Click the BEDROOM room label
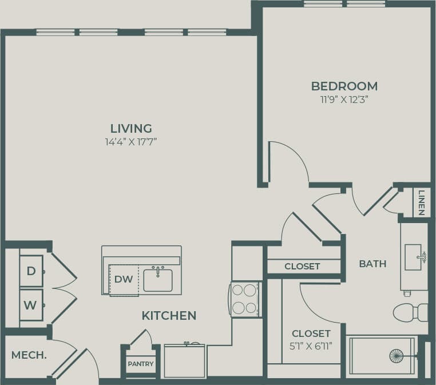coord(344,86)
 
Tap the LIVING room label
coord(131,128)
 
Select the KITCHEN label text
coord(169,315)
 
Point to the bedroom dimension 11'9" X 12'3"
coord(344,99)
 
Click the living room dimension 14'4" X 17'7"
coord(131,141)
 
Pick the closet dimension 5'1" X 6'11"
coord(311,345)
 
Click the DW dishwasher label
coord(124,279)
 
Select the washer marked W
coord(30,305)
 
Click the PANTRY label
coord(140,364)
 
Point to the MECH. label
coord(29,355)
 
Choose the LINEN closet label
coord(421,203)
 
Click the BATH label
coord(372,264)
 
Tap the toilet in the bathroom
coord(410,312)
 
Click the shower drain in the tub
coord(397,356)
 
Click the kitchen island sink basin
coord(158,280)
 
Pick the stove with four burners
coord(244,299)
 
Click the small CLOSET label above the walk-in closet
coord(302,267)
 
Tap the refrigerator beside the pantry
coord(184,361)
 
